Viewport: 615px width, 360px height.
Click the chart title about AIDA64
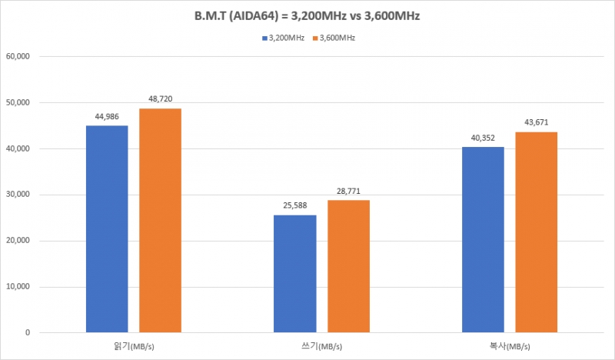307,15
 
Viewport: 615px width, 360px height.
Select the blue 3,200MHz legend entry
283,37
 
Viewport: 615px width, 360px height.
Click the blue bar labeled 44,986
107,228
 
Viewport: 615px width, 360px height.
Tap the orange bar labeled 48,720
160,220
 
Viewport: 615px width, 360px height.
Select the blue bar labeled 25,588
294,273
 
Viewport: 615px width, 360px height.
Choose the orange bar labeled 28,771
348,266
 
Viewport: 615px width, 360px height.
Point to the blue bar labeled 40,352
483,239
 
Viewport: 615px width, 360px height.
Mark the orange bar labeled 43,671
536,232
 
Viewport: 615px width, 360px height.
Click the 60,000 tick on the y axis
17,56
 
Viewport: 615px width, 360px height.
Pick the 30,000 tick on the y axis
17,195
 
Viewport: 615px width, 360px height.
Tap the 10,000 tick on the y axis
17,287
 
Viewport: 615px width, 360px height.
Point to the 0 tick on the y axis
27,333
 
